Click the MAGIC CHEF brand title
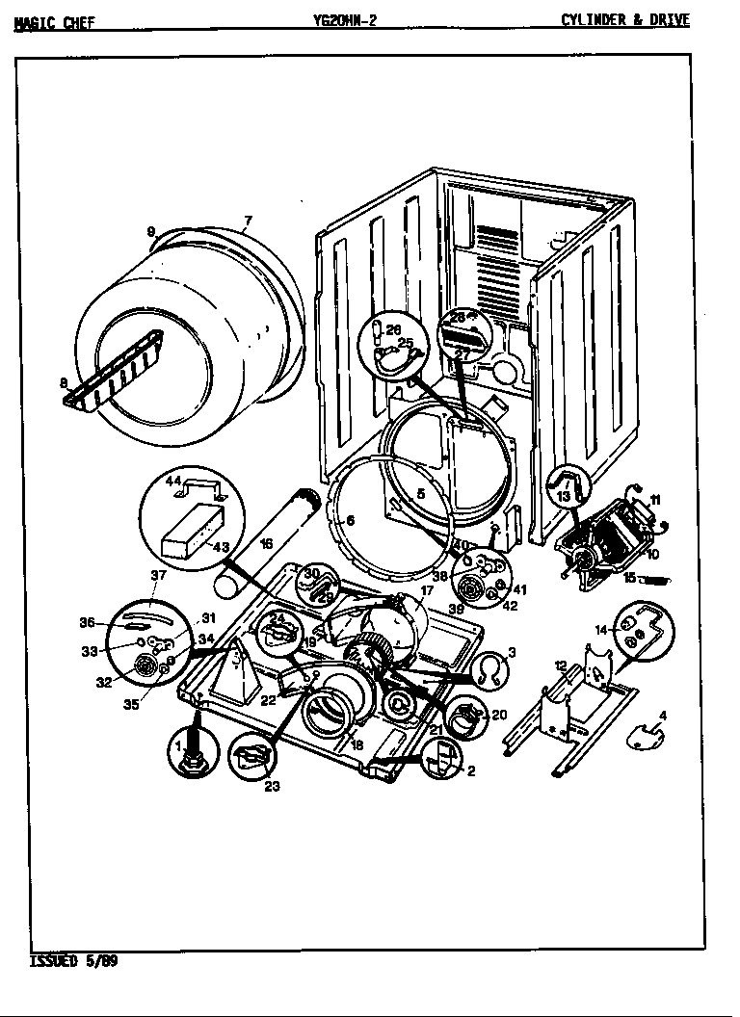point(54,22)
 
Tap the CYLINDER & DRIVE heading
point(625,20)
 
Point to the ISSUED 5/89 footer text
point(74,961)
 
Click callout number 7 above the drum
point(247,222)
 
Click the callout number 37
point(159,576)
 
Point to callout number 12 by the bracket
point(561,665)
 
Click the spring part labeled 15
point(652,580)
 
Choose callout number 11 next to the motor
point(654,499)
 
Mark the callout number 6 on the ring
point(350,521)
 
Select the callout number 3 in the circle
point(512,653)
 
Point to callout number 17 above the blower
point(426,590)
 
